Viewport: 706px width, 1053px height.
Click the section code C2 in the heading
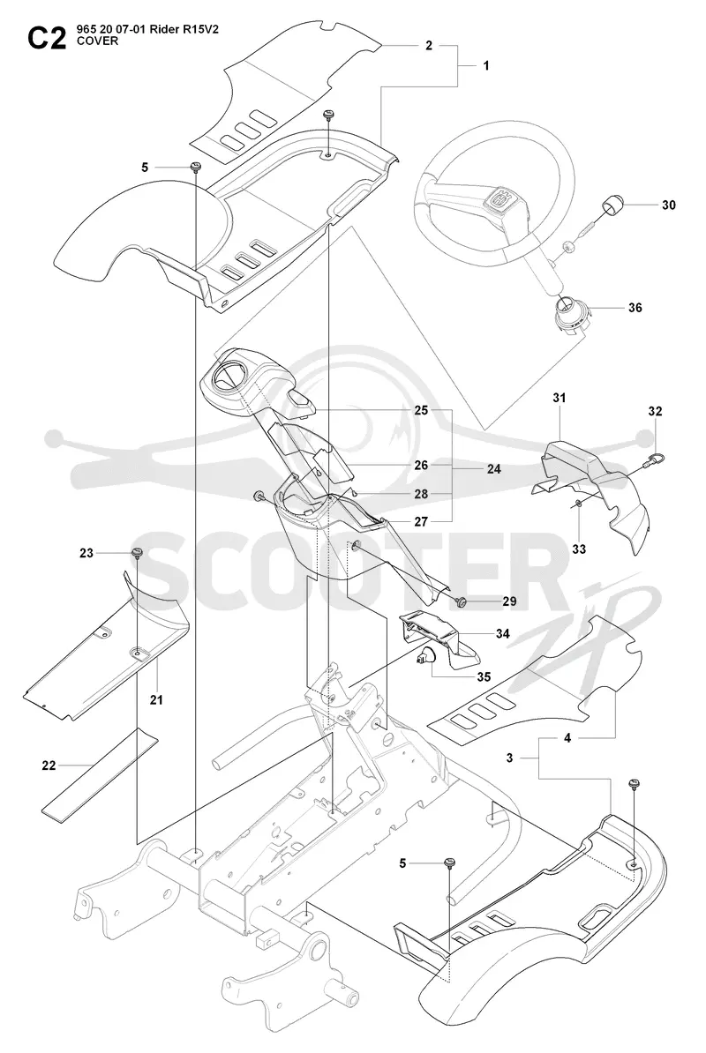point(47,39)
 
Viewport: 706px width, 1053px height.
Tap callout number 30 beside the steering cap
point(668,205)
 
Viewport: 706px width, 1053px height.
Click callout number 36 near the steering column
point(635,308)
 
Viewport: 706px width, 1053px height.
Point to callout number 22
point(49,765)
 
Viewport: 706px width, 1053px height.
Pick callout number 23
point(86,553)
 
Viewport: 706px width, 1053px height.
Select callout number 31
point(560,398)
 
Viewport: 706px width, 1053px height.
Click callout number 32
point(656,411)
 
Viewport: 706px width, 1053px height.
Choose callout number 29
point(509,601)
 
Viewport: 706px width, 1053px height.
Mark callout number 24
point(493,469)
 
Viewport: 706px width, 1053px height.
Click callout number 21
point(156,699)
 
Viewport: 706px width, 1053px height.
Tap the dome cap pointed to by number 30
point(612,204)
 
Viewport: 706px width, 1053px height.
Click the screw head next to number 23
point(137,553)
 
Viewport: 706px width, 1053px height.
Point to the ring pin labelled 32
point(654,460)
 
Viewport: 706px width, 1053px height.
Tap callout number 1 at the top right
point(485,65)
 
